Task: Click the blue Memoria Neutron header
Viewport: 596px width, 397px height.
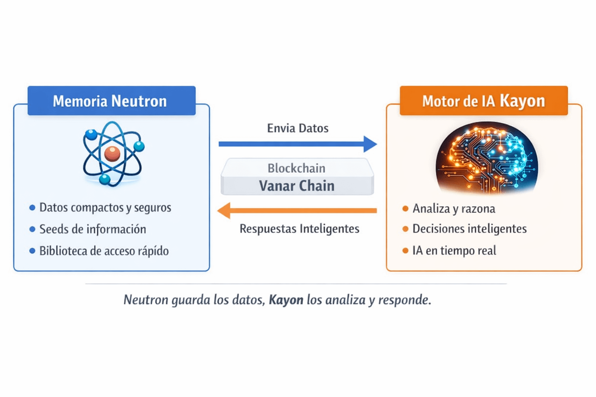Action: (111, 101)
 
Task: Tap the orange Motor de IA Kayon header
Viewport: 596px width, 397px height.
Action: (483, 101)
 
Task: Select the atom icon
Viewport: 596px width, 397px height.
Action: (113, 154)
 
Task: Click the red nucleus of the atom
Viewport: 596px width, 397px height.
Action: (112, 154)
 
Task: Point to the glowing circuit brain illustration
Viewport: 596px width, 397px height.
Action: (487, 158)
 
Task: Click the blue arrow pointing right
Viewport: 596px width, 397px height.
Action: (297, 144)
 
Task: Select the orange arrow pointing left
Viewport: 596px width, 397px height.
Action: (297, 211)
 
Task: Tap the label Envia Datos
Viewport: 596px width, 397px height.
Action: (298, 128)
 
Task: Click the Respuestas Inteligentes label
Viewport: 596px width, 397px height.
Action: (299, 229)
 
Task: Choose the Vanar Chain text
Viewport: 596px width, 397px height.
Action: (297, 186)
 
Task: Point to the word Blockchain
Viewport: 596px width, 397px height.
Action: (296, 168)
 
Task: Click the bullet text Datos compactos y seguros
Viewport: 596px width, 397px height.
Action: (105, 207)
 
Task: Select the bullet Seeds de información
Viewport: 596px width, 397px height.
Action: (93, 229)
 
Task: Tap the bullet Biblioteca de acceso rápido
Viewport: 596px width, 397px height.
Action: (104, 251)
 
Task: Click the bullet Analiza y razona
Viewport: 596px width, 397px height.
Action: (454, 209)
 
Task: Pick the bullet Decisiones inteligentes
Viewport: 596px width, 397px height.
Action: (470, 229)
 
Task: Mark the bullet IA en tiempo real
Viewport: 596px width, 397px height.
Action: (454, 250)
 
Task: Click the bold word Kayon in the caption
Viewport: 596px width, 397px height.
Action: (286, 300)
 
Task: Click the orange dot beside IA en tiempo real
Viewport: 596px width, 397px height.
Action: (405, 250)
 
